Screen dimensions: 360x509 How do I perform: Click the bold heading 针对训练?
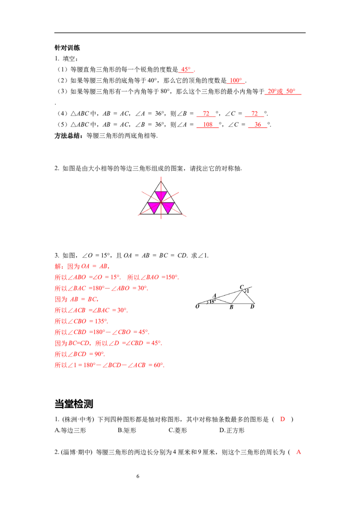67,48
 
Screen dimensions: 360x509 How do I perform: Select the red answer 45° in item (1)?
186,69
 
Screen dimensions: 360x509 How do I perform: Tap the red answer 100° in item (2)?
236,80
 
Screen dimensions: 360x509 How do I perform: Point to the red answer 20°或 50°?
281,91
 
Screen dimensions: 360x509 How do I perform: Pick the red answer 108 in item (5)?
207,125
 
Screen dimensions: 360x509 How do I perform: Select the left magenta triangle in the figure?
154,208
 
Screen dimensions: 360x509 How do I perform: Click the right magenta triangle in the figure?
168,208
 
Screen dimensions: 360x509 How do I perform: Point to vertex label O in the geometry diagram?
197,307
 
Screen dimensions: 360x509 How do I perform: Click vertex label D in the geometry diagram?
252,307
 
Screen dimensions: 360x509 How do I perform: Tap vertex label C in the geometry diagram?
241,287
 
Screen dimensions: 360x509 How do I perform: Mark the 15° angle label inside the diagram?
212,302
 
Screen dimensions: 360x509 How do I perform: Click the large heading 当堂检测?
74,404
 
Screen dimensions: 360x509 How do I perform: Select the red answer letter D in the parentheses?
282,419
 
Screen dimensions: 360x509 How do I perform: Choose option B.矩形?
127,430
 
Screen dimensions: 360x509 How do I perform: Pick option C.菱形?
178,430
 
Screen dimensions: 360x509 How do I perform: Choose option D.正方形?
232,430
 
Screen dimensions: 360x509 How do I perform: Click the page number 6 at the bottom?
138,476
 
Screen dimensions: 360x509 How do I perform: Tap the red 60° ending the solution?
158,365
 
